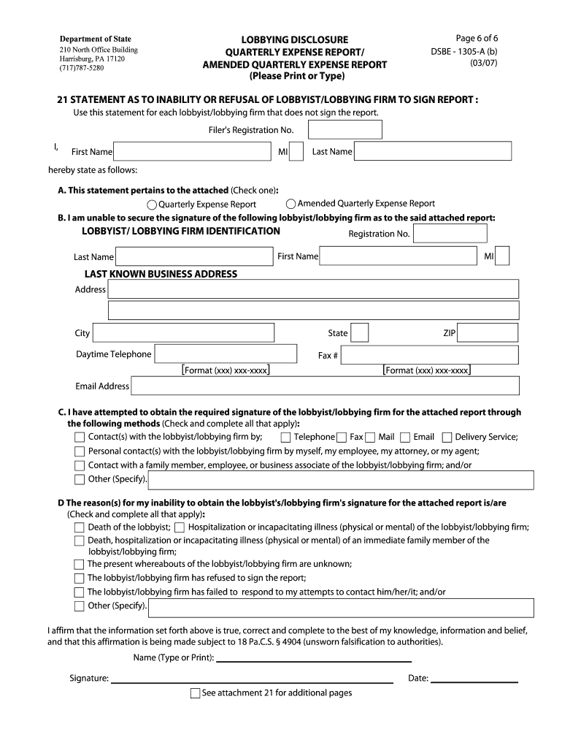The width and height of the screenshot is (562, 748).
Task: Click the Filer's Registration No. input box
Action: coord(345,129)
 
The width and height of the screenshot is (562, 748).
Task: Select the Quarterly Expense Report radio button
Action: coord(152,205)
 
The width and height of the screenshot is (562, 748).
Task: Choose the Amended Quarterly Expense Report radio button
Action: coord(291,204)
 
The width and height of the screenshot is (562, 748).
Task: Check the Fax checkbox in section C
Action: coord(342,437)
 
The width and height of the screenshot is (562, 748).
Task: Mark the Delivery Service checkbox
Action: coord(447,437)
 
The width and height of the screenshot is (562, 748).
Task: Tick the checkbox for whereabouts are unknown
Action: coord(80,564)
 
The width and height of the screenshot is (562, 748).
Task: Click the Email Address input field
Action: coord(326,386)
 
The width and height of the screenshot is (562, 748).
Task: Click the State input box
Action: coord(360,333)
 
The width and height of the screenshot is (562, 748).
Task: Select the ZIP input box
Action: coord(489,333)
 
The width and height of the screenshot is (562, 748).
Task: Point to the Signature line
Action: coord(252,679)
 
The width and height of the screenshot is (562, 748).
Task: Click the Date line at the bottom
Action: coord(474,679)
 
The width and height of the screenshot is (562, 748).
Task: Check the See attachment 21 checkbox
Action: coord(195,693)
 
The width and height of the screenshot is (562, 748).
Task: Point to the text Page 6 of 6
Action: coord(477,39)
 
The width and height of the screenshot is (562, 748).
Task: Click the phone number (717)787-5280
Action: coord(82,68)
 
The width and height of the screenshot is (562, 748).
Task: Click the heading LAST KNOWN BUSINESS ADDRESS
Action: coord(161,274)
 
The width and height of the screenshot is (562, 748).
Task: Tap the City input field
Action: coord(194,333)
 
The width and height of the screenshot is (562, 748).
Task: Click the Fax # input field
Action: coord(430,355)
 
